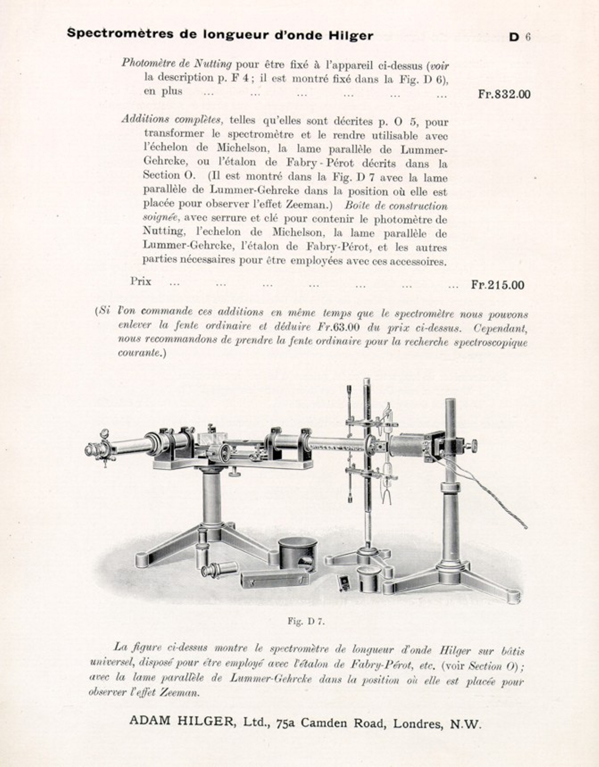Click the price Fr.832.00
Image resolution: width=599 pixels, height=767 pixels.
click(504, 94)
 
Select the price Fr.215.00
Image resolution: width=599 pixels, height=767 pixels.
click(497, 285)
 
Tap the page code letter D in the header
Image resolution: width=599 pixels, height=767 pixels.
click(514, 37)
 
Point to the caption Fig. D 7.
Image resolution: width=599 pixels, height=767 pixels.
click(306, 621)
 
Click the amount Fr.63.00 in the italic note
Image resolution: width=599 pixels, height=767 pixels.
click(339, 326)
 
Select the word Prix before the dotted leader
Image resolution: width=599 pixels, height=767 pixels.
click(141, 282)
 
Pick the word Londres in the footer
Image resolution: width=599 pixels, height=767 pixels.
click(418, 723)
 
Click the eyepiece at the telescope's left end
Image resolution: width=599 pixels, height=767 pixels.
click(93, 450)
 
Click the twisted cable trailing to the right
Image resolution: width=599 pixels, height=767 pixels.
click(491, 496)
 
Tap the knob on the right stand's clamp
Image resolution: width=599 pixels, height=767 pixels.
click(472, 445)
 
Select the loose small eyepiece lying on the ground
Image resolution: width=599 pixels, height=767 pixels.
click(219, 569)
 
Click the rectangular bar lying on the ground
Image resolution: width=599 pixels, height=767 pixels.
click(274, 579)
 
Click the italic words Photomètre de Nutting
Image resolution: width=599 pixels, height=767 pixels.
click(177, 63)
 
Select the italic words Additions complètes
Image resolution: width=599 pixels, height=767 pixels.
click(171, 120)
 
